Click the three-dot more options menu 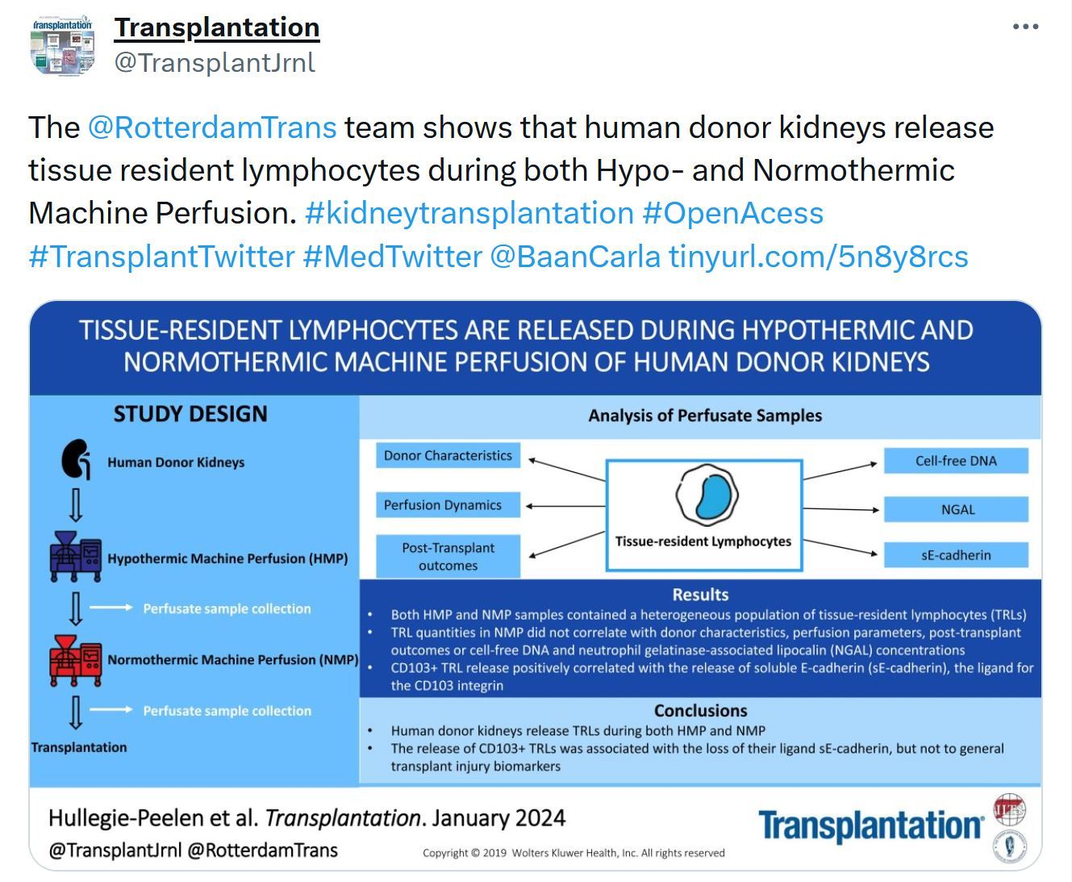tap(1025, 27)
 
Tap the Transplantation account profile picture tap(63, 46)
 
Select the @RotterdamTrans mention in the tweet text tap(212, 127)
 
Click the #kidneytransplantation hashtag tap(469, 212)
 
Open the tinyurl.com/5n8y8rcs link tap(819, 256)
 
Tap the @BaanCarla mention tap(575, 256)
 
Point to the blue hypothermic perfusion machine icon tap(76, 557)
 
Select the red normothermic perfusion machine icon tap(76, 660)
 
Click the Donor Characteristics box tap(448, 455)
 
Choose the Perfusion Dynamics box tap(448, 504)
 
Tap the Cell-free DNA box tap(956, 461)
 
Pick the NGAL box tap(956, 509)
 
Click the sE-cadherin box tap(956, 554)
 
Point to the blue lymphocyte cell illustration tap(707, 495)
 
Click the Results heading tap(700, 595)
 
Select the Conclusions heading tap(700, 711)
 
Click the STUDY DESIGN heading tap(190, 414)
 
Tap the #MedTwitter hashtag tap(392, 256)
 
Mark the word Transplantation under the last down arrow tap(79, 747)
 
